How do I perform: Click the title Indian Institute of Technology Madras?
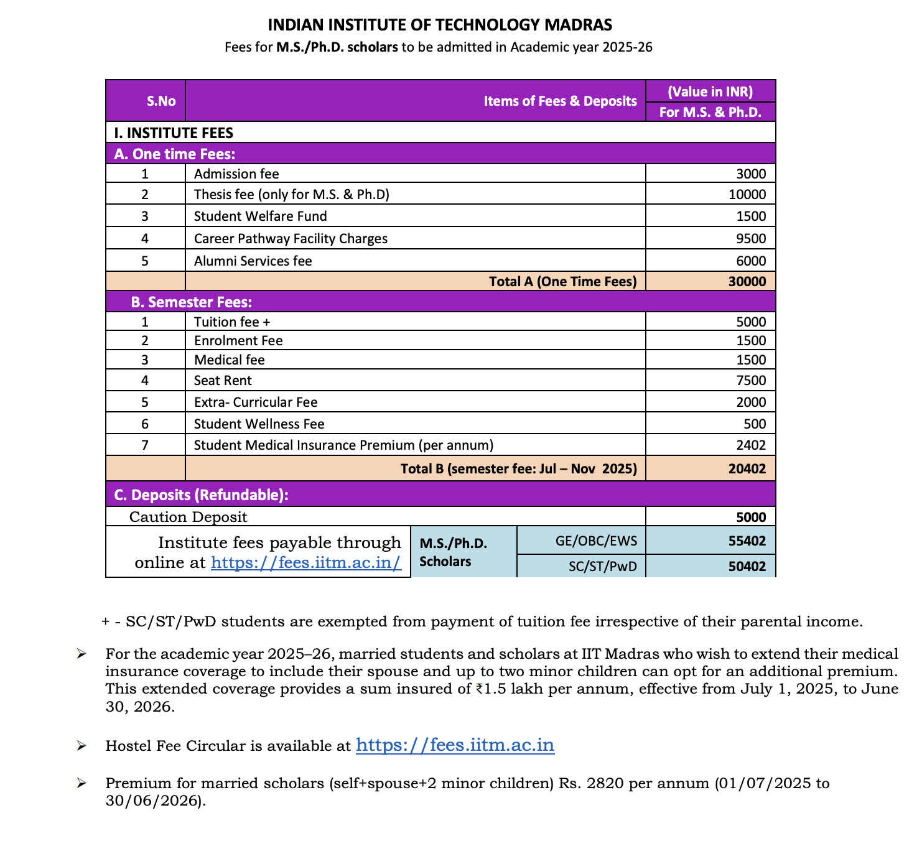coord(440,25)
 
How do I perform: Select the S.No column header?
coord(161,101)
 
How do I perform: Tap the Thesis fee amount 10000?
coord(747,195)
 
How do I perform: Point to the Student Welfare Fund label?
coord(260,216)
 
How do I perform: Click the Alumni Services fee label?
coord(253,261)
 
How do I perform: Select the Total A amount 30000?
coord(747,282)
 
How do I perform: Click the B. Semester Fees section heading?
coord(191,302)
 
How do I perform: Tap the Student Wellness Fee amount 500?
coord(755,424)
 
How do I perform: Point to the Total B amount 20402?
coord(747,469)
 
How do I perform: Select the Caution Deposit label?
coord(188,518)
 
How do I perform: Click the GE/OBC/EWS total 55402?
coord(747,541)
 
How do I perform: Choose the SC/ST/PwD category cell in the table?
coord(602,567)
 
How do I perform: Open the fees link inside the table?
coord(305,563)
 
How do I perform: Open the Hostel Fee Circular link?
coord(455,745)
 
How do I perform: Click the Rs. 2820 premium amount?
coord(587,783)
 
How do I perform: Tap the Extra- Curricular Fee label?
coord(256,402)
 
